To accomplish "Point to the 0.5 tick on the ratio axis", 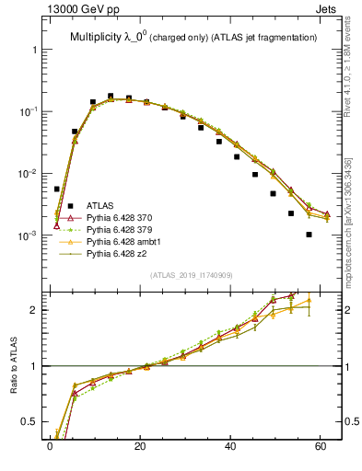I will tap(30, 423).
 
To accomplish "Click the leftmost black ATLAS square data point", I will tap(57, 189).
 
